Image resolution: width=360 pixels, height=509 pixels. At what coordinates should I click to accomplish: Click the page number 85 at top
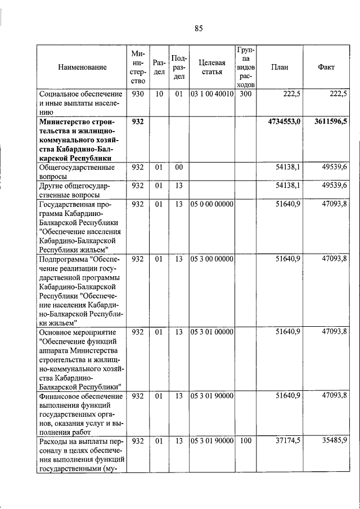pos(198,29)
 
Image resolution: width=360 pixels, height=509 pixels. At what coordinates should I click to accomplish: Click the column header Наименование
pos(82,67)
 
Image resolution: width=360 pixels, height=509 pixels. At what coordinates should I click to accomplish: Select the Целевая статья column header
pos(211,67)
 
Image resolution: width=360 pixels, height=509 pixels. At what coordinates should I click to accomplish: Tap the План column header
pos(280,67)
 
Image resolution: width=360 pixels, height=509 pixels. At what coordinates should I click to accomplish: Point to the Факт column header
pos(326,67)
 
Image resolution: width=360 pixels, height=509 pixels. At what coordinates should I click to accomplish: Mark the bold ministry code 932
pos(138,121)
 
